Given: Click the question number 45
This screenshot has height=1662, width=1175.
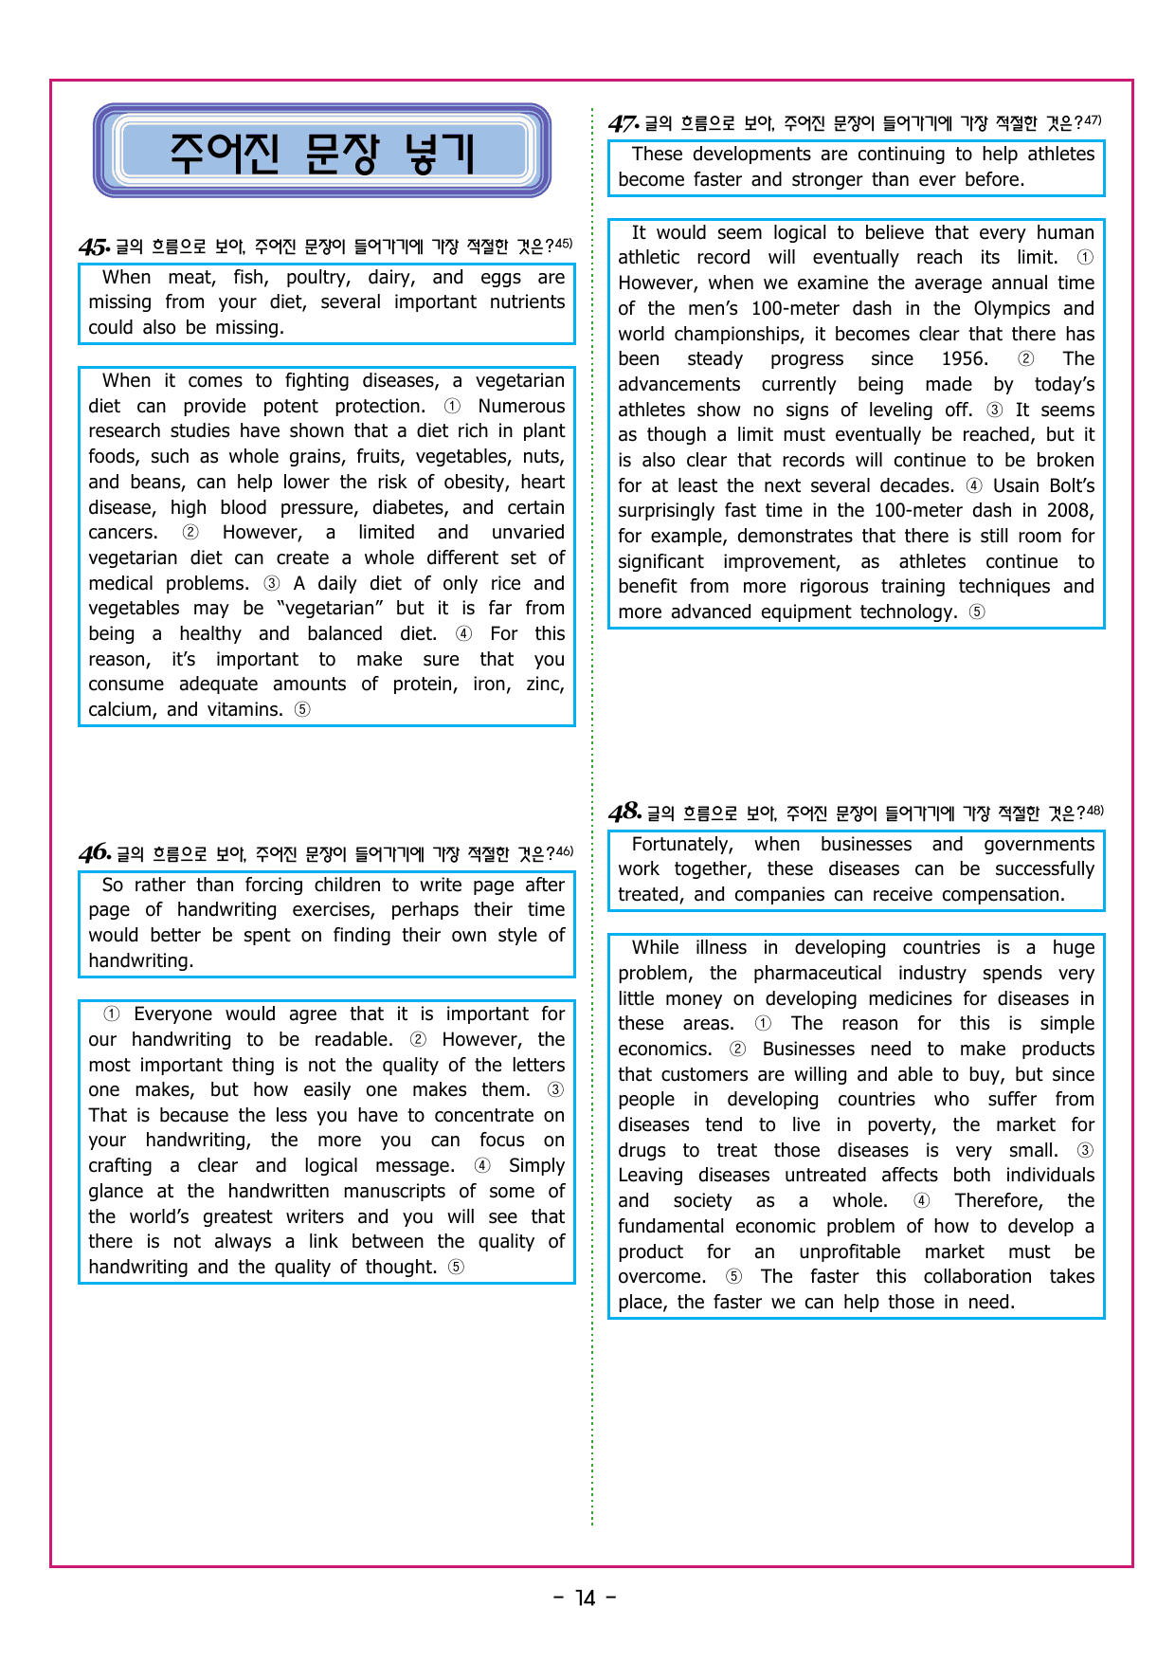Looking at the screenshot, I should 95,247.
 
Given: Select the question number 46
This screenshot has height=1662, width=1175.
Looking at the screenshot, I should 95,853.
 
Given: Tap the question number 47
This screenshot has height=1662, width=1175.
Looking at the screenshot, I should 624,124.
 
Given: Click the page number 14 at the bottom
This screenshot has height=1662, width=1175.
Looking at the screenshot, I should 586,1598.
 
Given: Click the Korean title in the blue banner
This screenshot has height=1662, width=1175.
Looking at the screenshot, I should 322,153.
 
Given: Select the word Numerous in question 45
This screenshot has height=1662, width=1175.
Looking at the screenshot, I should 521,406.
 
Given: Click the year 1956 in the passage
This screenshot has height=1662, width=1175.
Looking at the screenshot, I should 964,359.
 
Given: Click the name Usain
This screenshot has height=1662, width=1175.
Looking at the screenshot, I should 1016,485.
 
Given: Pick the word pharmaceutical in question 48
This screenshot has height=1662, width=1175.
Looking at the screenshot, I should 817,973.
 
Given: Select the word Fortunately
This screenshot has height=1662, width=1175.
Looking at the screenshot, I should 682,844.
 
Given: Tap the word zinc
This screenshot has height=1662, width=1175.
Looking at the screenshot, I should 544,685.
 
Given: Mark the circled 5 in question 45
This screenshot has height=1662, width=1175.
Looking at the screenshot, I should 302,709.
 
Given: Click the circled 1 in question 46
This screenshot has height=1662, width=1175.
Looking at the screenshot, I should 112,1014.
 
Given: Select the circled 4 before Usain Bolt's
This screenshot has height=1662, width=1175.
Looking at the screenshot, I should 974,485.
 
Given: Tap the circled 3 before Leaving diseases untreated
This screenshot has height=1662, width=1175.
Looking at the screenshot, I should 1085,1150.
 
